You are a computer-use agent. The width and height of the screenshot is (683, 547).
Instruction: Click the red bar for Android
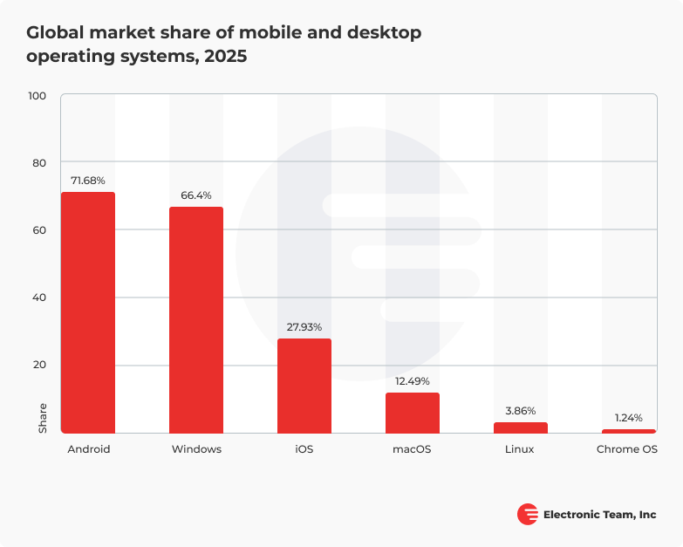(x=87, y=312)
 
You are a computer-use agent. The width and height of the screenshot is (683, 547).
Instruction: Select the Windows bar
(x=196, y=320)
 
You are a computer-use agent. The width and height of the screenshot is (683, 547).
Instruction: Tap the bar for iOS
(x=304, y=386)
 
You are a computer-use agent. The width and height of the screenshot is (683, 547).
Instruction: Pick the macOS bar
(x=413, y=413)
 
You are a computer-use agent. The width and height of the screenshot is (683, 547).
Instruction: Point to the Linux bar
(x=521, y=427)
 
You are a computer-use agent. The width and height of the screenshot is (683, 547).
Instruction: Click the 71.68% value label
(x=87, y=181)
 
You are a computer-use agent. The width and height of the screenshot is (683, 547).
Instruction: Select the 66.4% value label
(x=196, y=195)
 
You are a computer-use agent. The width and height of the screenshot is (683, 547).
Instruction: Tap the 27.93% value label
(x=304, y=327)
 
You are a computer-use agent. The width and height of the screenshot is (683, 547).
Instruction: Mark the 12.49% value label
(x=413, y=381)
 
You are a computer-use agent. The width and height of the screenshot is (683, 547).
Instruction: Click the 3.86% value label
(x=521, y=411)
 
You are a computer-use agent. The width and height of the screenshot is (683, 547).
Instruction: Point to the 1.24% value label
(x=628, y=418)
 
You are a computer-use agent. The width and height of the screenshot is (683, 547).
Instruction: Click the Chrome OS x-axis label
(x=627, y=449)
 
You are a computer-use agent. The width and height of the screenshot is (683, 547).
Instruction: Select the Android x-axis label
(x=89, y=449)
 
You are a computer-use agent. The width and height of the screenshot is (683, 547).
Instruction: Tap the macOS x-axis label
(x=413, y=449)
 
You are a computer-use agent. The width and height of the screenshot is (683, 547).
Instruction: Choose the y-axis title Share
(x=44, y=419)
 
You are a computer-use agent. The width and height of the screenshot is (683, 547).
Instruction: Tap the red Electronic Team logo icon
(x=528, y=515)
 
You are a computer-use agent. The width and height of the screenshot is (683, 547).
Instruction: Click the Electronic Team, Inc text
(x=599, y=515)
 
